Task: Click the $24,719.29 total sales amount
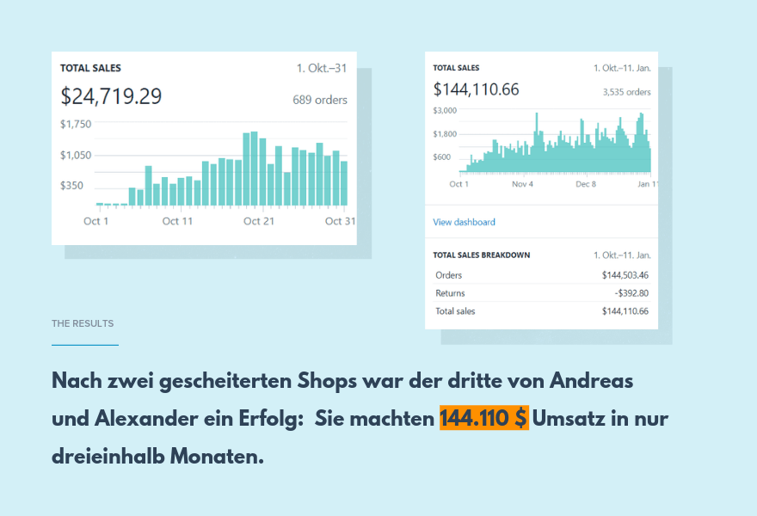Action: [111, 96]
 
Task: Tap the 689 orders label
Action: [320, 100]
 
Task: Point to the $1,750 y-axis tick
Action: [76, 124]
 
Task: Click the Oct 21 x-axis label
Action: [258, 221]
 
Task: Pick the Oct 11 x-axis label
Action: [177, 221]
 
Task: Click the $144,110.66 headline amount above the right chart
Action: [476, 89]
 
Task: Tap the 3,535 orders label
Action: [626, 92]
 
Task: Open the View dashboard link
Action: [464, 222]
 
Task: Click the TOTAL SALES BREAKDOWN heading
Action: [481, 255]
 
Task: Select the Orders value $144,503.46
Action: [625, 275]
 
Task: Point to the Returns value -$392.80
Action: [630, 293]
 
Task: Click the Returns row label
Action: [450, 293]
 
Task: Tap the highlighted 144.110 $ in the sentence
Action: [483, 419]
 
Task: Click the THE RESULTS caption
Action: [83, 323]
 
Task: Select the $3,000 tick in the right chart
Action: [445, 110]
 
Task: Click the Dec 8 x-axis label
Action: [586, 184]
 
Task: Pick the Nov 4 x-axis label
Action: [522, 184]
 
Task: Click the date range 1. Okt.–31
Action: [322, 68]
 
